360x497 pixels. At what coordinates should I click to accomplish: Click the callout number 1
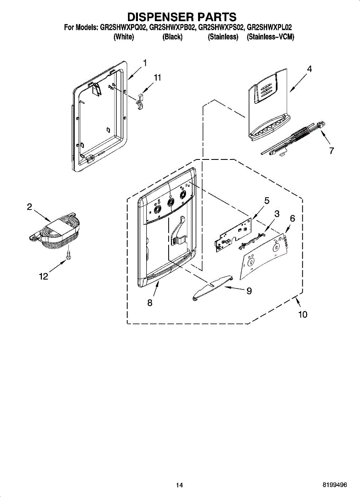[x=145, y=63]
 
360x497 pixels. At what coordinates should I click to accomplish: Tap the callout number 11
[x=157, y=77]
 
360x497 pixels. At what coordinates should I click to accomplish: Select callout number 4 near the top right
[x=309, y=69]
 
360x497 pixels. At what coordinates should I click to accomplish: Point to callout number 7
[x=331, y=151]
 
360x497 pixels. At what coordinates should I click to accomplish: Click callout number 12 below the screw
[x=43, y=277]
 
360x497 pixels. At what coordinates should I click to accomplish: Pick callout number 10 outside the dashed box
[x=303, y=314]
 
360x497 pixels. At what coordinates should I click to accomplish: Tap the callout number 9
[x=249, y=291]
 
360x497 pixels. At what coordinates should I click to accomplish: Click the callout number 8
[x=150, y=303]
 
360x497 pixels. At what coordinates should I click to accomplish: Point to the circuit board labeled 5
[x=232, y=234]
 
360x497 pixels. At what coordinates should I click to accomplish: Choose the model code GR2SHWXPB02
[x=172, y=28]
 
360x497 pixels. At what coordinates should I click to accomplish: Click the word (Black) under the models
[x=172, y=37]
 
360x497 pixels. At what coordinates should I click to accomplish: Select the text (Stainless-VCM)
[x=270, y=37]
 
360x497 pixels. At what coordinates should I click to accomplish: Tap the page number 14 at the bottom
[x=179, y=485]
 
